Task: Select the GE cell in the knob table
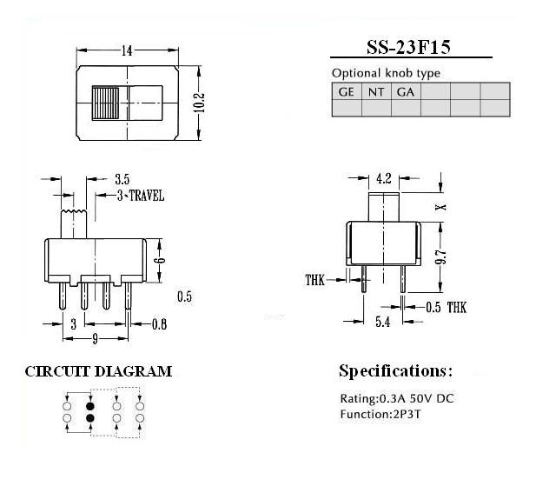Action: (x=347, y=91)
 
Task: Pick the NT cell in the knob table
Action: (x=376, y=91)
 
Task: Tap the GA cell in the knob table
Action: (x=405, y=91)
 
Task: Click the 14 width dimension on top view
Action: (x=127, y=51)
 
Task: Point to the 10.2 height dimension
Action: (x=199, y=102)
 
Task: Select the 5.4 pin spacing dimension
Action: (x=382, y=323)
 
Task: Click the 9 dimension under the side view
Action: (x=95, y=340)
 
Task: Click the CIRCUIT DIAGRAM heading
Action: (x=98, y=371)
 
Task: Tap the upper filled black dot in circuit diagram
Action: (x=90, y=405)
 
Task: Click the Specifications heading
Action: (x=395, y=371)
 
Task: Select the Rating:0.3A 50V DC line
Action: (x=395, y=399)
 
